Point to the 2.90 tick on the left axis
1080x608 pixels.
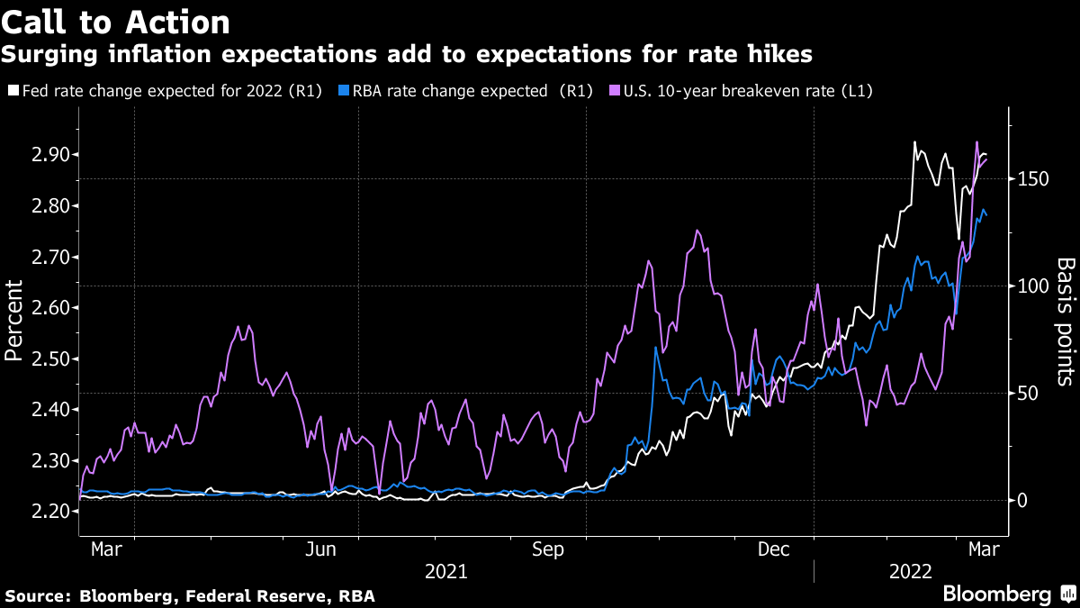[53, 155]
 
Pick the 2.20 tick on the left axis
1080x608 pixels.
[53, 512]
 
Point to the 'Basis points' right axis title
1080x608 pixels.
[1066, 321]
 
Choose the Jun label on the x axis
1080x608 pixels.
[321, 548]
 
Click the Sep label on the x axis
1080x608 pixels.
[548, 548]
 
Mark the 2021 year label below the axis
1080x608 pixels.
[446, 571]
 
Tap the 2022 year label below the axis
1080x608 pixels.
[912, 571]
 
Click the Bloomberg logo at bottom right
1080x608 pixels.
[1008, 594]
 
